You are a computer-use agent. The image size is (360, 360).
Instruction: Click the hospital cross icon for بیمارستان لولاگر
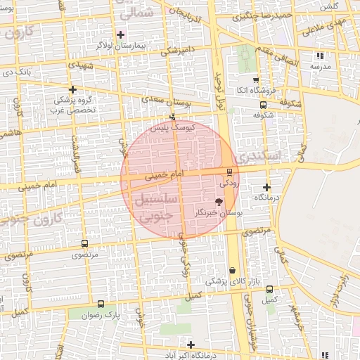[120, 34]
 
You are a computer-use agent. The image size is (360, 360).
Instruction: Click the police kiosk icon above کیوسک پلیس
[172, 117]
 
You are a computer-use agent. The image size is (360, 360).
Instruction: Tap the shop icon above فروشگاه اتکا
[255, 80]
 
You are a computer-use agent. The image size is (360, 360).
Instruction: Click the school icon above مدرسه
[321, 55]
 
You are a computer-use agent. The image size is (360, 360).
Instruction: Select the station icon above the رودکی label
[229, 172]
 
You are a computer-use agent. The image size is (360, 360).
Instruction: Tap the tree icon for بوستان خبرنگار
[219, 202]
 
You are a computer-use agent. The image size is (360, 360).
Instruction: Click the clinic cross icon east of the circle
[266, 187]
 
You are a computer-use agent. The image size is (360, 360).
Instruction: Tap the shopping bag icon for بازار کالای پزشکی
[232, 271]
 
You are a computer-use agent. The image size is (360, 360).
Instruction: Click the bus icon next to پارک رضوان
[101, 304]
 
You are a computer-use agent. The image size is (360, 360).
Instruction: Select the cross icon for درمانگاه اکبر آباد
[191, 344]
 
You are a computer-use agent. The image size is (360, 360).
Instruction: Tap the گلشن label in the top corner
[330, 6]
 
